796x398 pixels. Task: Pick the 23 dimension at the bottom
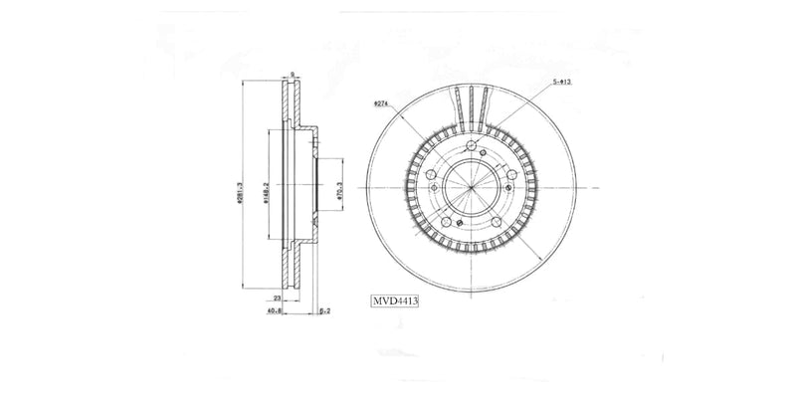276,297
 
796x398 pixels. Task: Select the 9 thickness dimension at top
293,74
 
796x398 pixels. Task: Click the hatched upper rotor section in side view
293,104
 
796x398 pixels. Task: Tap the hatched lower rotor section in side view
293,271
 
